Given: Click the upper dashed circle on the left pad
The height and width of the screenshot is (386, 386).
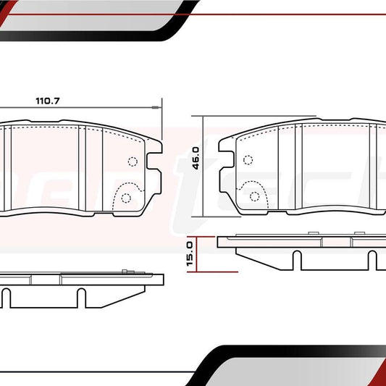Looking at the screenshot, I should point(132,162).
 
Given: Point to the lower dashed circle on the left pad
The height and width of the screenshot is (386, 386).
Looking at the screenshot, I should point(126,198).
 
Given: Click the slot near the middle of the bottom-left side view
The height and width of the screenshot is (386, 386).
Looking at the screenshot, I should point(82,296).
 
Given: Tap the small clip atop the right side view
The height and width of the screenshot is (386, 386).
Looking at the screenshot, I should point(313,233).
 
